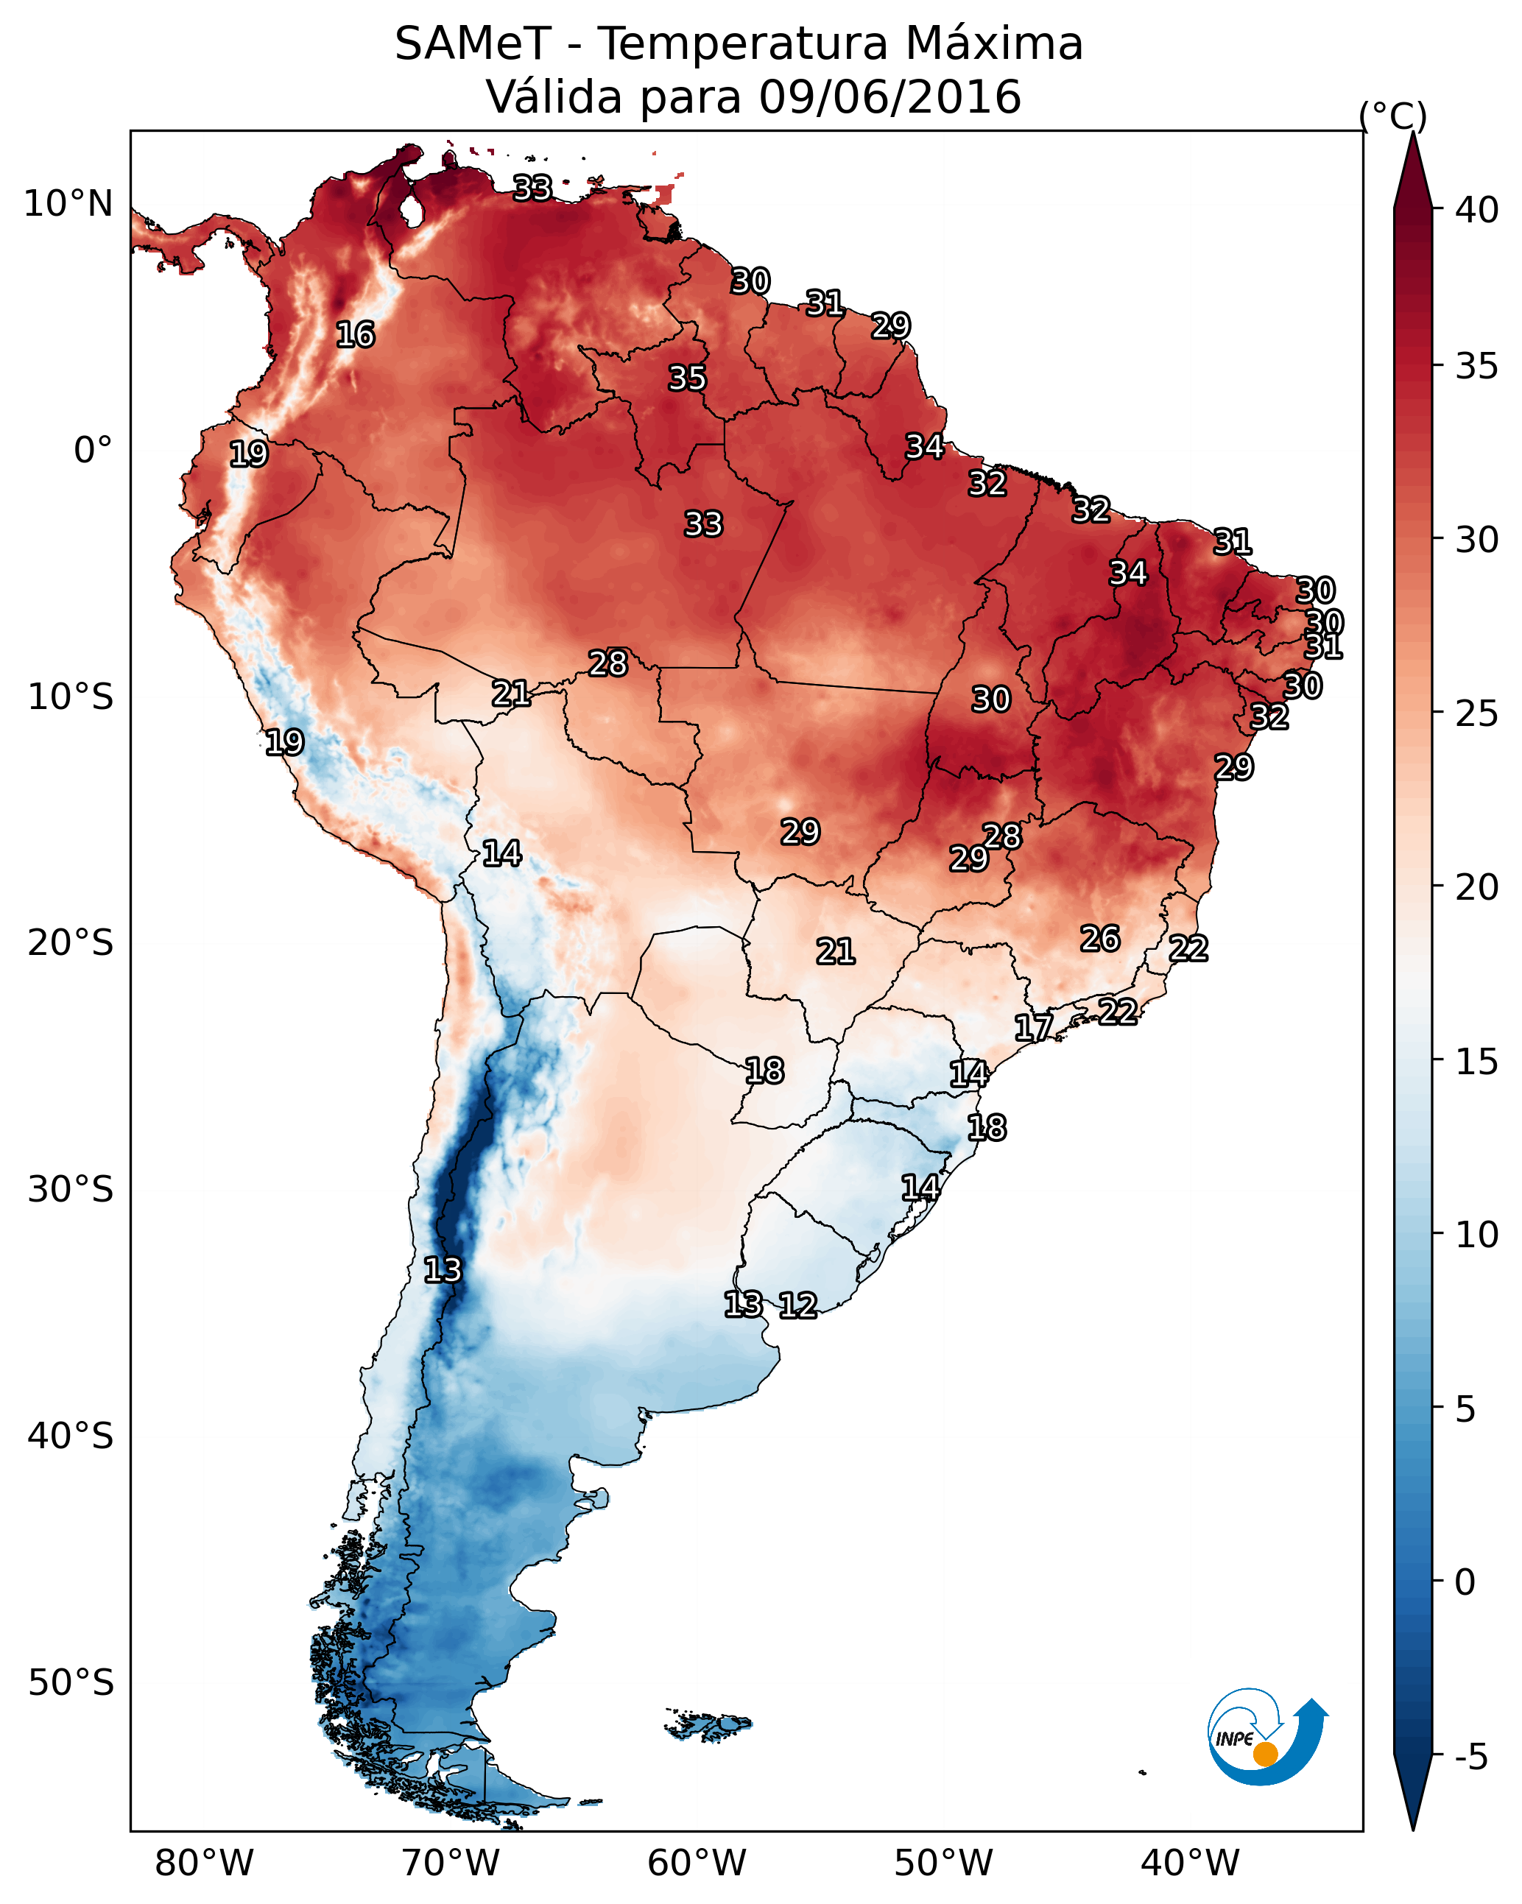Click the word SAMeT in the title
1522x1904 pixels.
point(473,44)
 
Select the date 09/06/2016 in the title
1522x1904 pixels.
point(889,97)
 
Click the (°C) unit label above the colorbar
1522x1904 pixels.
point(1392,116)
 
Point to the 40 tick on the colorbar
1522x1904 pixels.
point(1477,210)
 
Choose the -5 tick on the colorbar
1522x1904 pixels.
point(1470,1757)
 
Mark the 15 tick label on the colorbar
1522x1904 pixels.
point(1477,1062)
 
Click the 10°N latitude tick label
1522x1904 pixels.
point(68,204)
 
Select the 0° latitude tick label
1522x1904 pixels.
point(93,451)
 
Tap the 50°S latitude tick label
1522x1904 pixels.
point(71,1683)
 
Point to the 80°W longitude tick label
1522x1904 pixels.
point(204,1864)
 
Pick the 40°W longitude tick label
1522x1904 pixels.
point(1190,1864)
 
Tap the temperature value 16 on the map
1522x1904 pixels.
point(355,335)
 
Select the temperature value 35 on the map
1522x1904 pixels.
point(687,378)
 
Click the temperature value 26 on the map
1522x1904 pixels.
point(1100,939)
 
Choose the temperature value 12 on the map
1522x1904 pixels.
point(797,1305)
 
